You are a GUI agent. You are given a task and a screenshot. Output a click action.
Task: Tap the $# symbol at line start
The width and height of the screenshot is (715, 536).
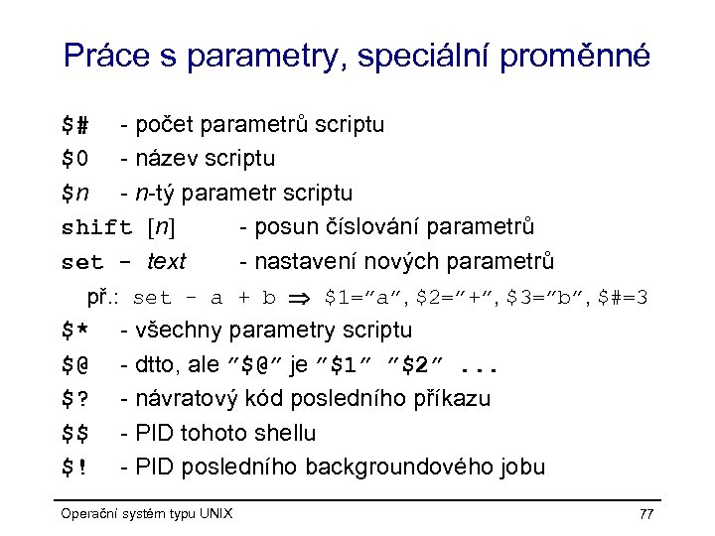[x=75, y=125]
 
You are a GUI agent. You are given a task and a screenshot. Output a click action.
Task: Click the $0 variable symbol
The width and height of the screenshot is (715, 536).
[x=75, y=159]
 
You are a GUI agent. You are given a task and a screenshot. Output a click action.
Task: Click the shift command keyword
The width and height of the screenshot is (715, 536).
[x=96, y=227]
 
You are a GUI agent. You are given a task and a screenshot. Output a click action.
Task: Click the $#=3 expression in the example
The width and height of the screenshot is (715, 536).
[x=621, y=297]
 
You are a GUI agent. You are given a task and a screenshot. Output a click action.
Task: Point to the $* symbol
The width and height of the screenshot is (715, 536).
[x=75, y=331]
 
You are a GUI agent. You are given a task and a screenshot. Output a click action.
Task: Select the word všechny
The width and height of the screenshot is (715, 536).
[x=180, y=331]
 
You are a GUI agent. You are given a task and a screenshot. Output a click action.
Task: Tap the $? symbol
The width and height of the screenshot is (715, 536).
[x=75, y=399]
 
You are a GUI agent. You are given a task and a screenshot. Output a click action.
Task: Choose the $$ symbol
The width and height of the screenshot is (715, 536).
[x=75, y=434]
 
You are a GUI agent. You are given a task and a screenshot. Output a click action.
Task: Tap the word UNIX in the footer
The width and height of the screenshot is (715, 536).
[x=215, y=513]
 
